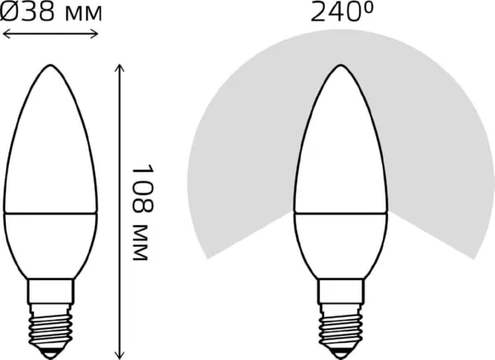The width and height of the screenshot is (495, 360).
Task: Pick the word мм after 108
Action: [x=144, y=239]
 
